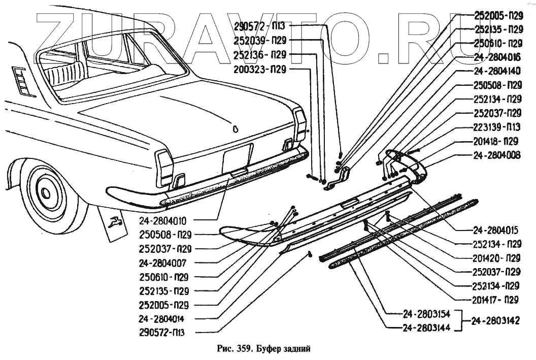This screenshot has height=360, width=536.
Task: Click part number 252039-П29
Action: coord(260,40)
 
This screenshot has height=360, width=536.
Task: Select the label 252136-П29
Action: coord(260,54)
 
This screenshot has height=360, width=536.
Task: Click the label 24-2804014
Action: coord(161,319)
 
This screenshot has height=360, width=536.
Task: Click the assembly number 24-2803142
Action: coord(497,321)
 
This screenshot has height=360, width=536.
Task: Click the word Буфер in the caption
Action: coord(269,349)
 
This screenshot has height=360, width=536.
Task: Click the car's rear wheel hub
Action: coord(46,192)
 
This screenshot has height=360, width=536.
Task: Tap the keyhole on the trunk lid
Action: coord(235,128)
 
